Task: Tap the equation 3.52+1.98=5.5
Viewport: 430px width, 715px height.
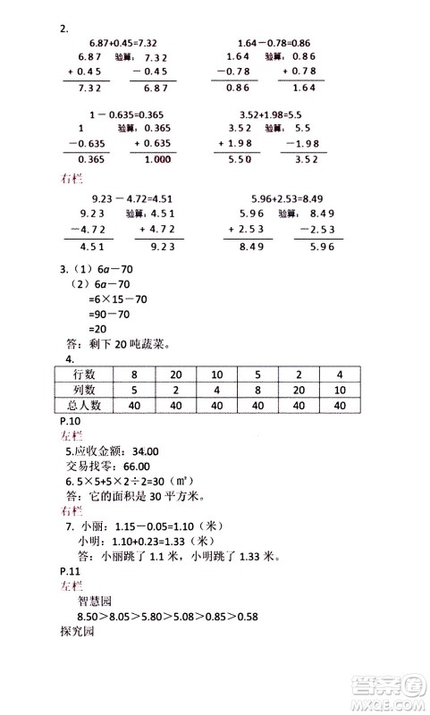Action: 272,114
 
